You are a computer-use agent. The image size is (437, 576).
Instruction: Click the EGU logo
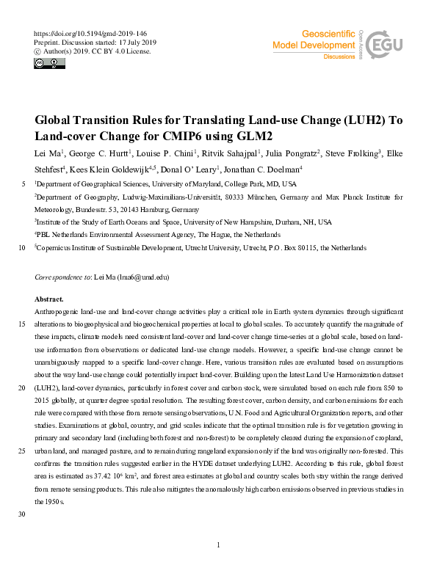[384, 45]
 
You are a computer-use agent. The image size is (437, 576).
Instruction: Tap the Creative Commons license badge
[49, 64]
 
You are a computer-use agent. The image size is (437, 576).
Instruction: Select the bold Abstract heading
[49, 299]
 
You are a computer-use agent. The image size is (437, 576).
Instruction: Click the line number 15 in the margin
[21, 324]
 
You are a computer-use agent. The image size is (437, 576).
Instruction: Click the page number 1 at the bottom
[219, 544]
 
